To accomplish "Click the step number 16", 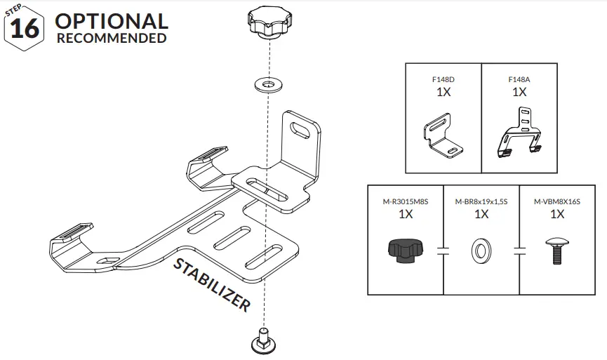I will (x=25, y=28).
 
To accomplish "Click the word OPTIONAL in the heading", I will (x=111, y=21).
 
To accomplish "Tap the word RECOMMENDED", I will (x=111, y=39).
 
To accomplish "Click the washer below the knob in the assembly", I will (x=266, y=85).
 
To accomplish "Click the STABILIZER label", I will (x=211, y=284).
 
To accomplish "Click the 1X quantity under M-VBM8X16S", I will (x=557, y=215).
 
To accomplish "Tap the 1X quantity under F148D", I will (x=443, y=93).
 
